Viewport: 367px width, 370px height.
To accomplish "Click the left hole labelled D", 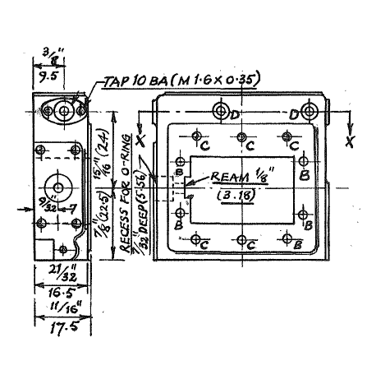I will pos(220,112).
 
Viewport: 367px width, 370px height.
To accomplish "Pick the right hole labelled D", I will pos(310,112).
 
